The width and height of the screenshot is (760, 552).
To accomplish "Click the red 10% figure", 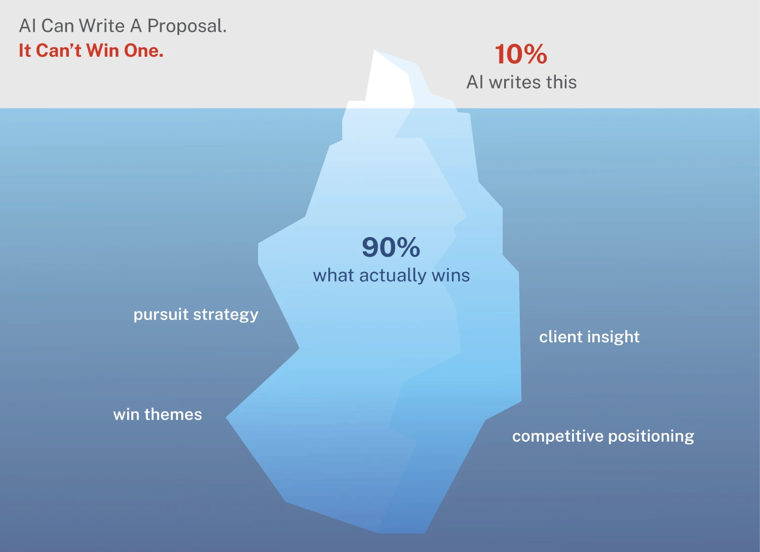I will [521, 54].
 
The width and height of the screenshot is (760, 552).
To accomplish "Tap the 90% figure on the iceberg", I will [391, 247].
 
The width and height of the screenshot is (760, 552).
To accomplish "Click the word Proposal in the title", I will [186, 26].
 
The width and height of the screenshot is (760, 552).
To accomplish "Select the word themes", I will [173, 414].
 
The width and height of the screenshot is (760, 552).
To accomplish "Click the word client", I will [560, 337].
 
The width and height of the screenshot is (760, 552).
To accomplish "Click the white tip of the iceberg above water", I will [388, 81].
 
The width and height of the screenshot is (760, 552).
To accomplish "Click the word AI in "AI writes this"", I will [475, 82].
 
